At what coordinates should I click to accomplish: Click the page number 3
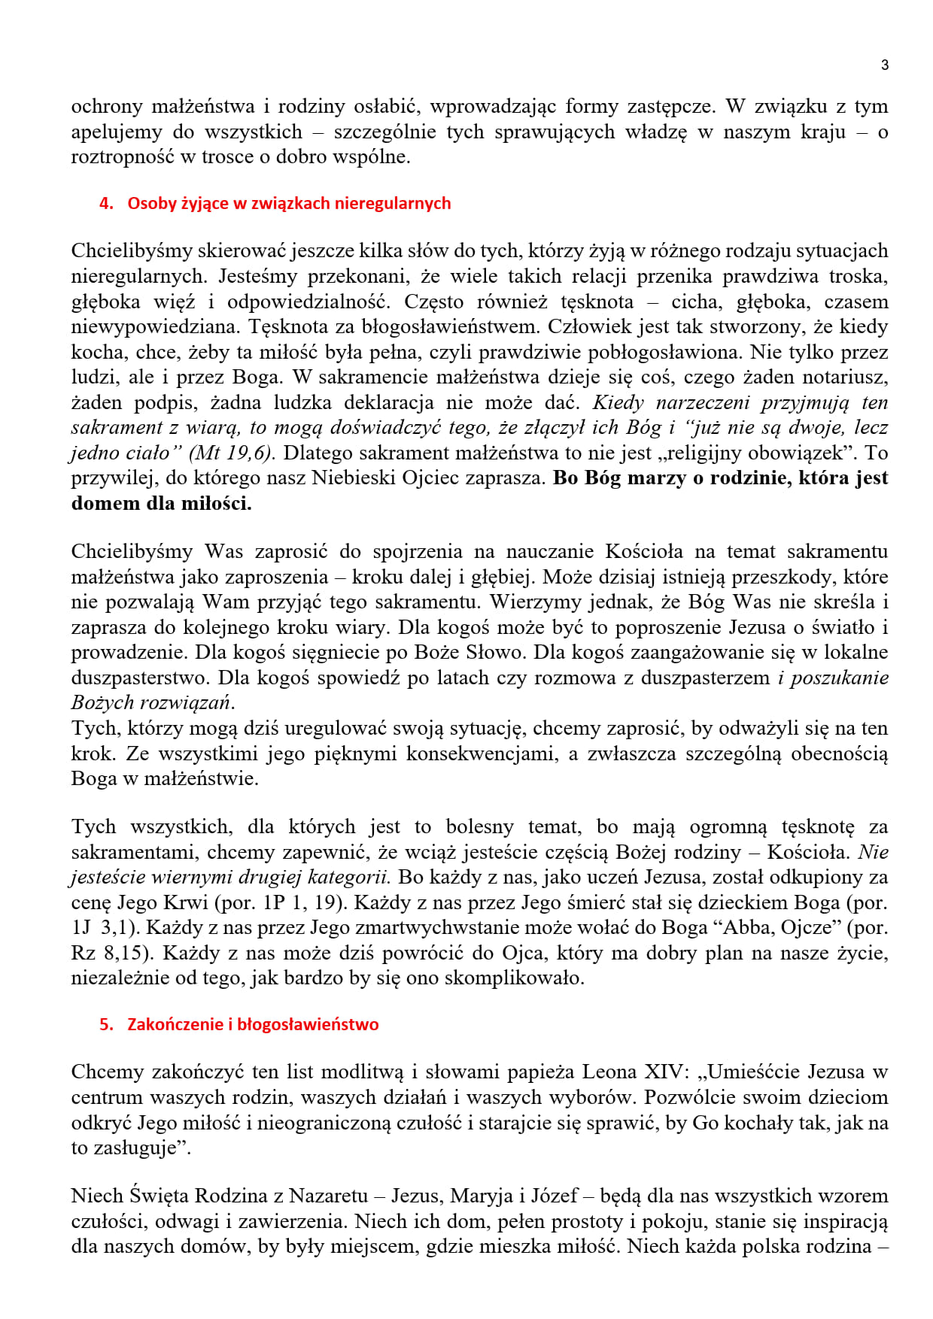pyautogui.click(x=885, y=65)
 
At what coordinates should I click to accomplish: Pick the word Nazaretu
pyautogui.click(x=328, y=1196)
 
